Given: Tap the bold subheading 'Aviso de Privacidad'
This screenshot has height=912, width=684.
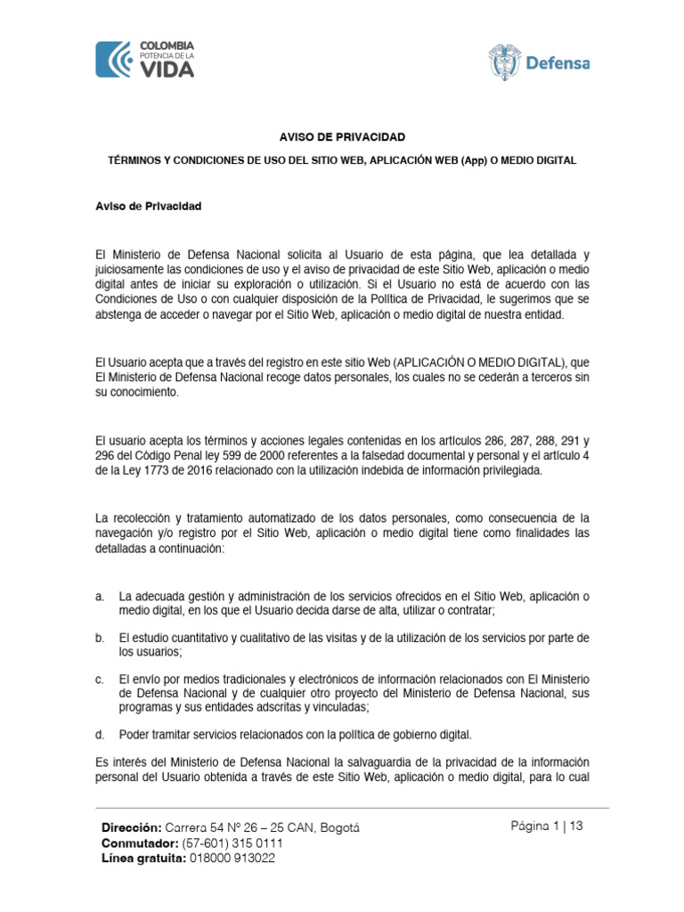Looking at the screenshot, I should (148, 207).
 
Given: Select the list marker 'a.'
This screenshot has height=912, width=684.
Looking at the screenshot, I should (101, 595).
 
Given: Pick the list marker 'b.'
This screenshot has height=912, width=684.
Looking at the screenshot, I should (101, 638).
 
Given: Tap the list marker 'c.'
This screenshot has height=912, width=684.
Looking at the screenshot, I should (101, 680).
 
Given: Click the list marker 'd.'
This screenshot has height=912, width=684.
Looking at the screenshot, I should (101, 735).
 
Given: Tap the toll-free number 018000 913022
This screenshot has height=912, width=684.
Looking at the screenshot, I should (232, 859).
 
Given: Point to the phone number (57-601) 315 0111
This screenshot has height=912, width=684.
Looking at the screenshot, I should (232, 843).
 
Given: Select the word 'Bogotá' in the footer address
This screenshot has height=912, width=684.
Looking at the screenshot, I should (334, 827).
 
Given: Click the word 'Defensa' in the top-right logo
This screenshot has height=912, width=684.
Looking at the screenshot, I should (558, 63).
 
